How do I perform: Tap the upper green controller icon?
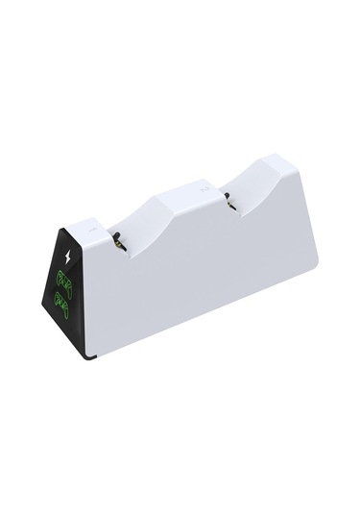(65, 281)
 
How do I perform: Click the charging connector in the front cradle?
(115, 242)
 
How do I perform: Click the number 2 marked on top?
(204, 189)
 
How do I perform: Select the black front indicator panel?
(67, 288)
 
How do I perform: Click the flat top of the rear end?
(293, 165)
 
